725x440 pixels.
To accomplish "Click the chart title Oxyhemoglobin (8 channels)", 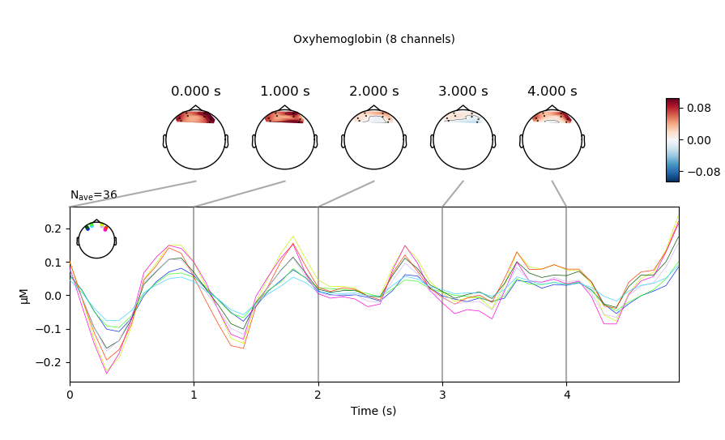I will click(x=373, y=39).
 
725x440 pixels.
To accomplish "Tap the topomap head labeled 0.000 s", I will click(x=195, y=139).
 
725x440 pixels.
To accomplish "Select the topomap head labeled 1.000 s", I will click(x=284, y=139).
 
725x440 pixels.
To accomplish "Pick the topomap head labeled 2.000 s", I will click(x=373, y=139).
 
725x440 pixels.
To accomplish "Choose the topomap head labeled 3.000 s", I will click(x=463, y=139).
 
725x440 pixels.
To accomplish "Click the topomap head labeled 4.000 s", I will click(x=552, y=139).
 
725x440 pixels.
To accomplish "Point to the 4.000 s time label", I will click(x=552, y=92).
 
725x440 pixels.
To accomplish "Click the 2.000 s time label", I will click(x=373, y=92).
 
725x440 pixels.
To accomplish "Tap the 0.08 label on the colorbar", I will click(x=698, y=106).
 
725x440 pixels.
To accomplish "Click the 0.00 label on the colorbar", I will click(x=698, y=139).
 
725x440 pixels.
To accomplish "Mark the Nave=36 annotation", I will click(x=93, y=195).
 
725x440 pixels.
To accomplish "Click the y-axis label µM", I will click(x=25, y=294).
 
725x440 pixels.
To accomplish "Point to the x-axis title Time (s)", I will click(x=373, y=411).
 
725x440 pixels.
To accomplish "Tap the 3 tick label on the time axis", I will click(x=442, y=395).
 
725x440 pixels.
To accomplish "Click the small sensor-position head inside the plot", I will click(x=96, y=240).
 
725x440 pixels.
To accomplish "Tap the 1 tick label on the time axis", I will click(x=194, y=395).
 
